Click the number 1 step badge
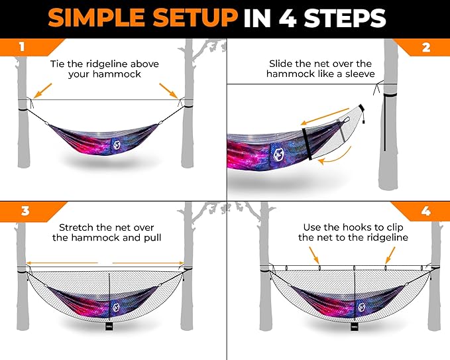[22, 48]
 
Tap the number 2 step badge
[427, 48]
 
